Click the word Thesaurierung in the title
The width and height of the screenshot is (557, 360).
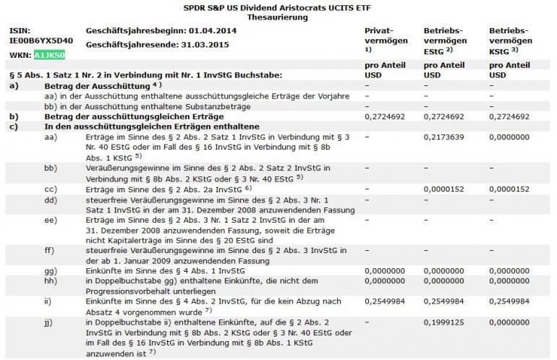(277, 15)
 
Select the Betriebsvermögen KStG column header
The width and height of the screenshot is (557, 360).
(513, 40)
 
